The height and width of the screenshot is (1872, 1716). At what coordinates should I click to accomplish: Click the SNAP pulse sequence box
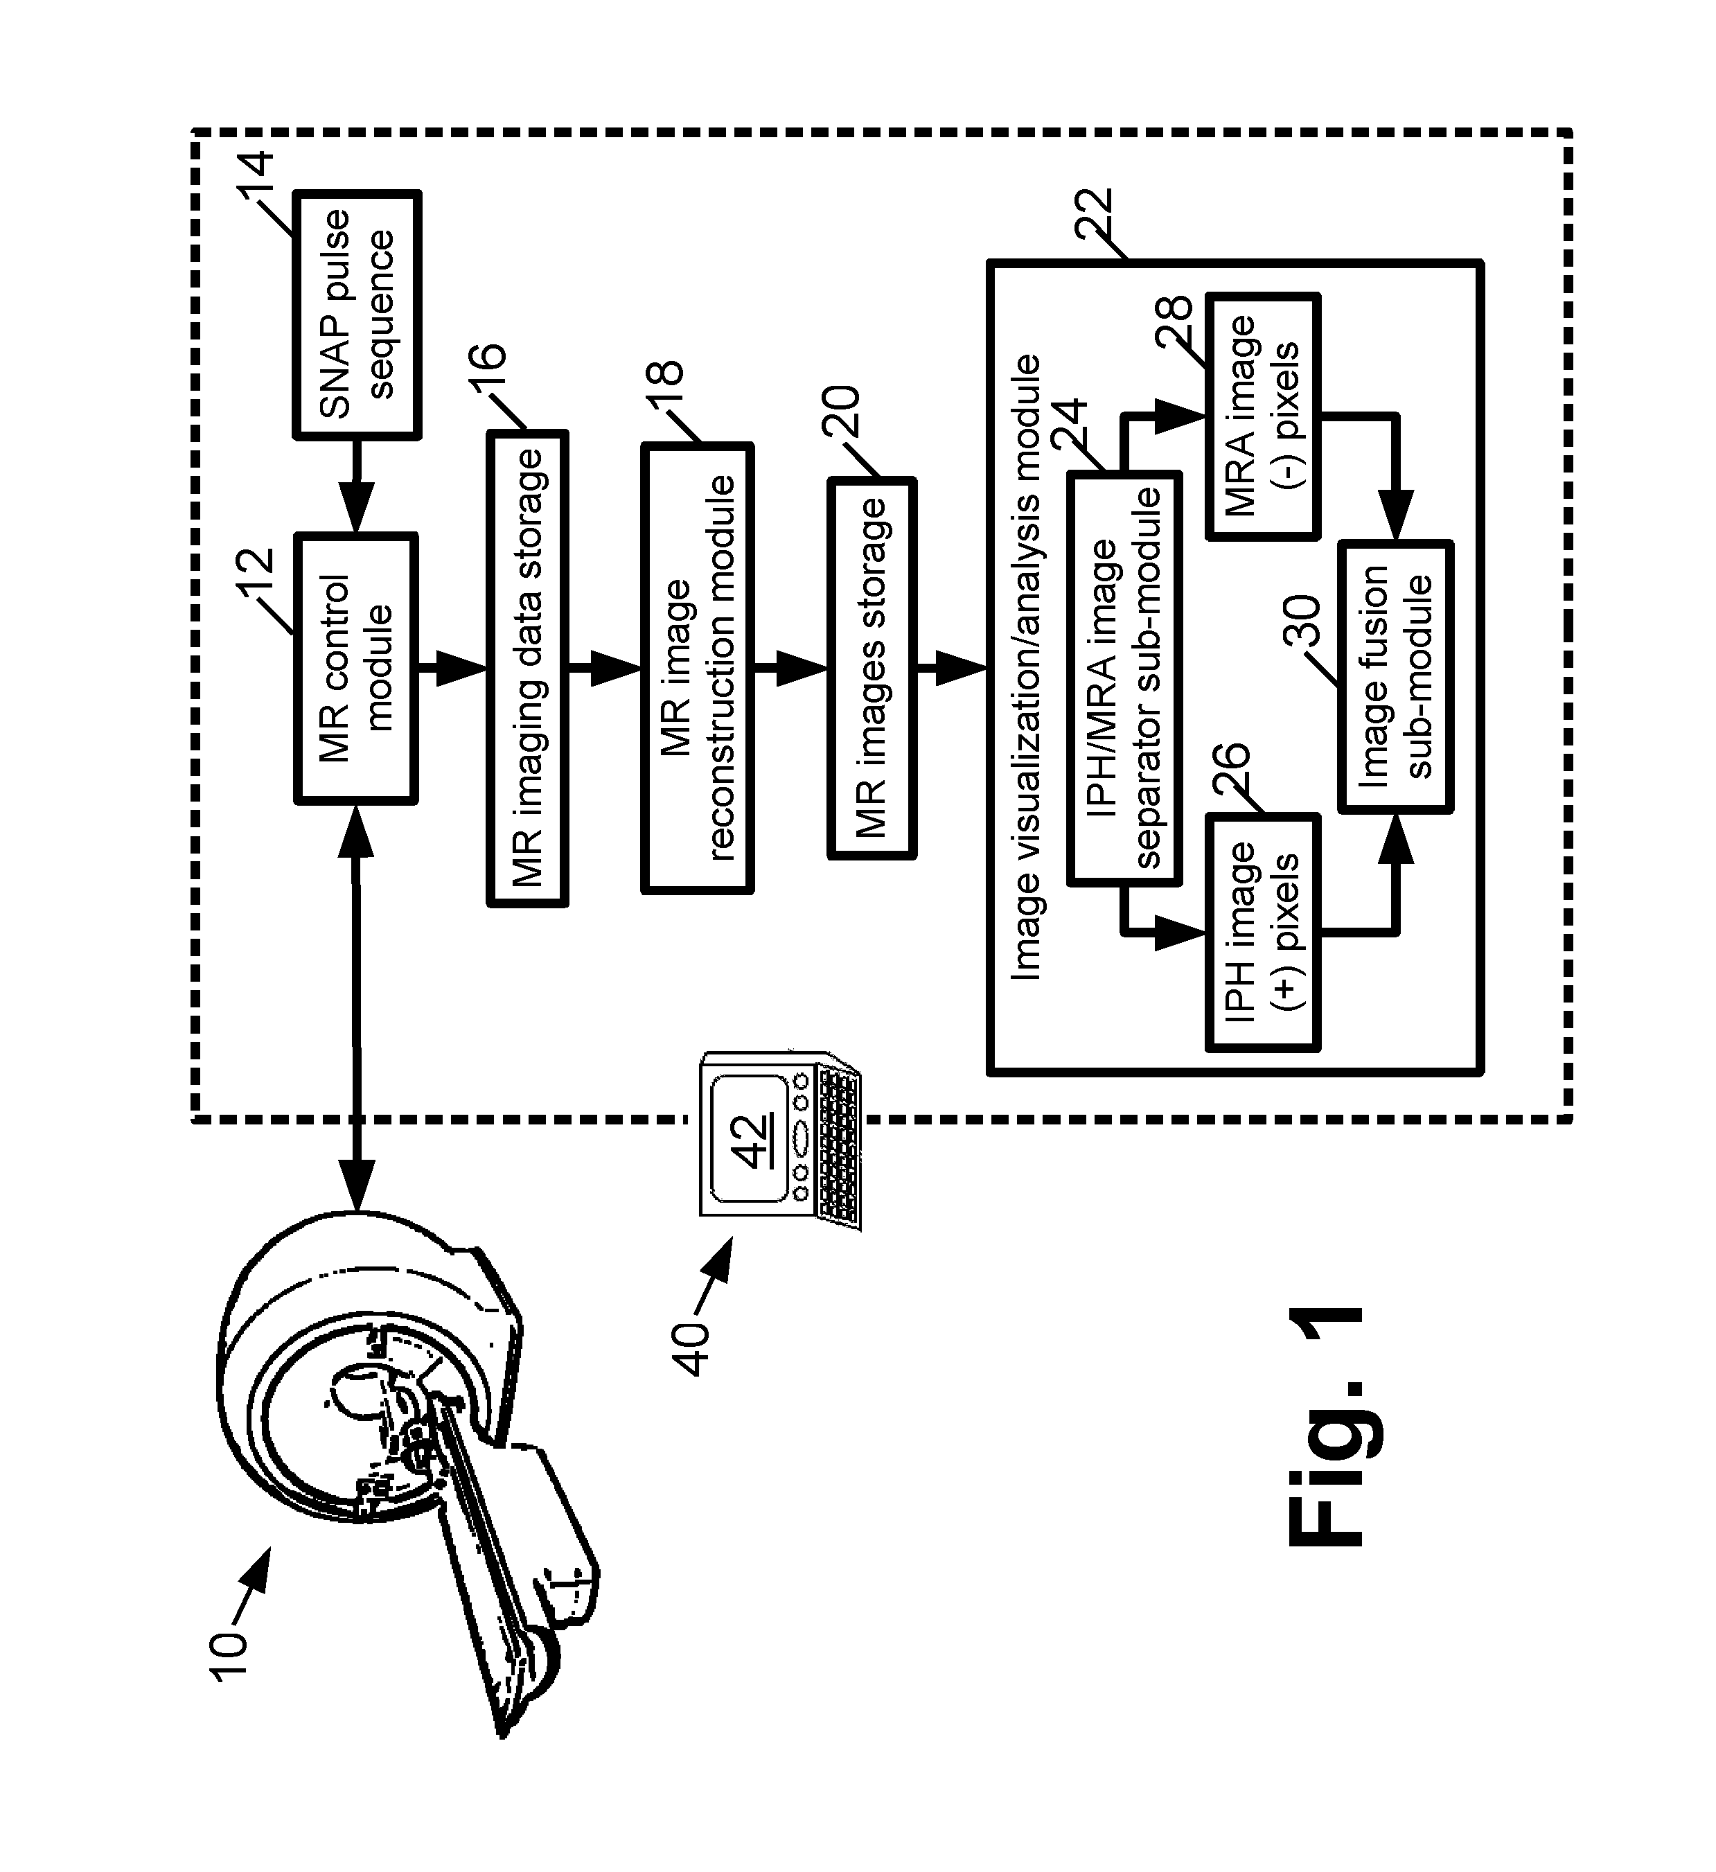click(357, 314)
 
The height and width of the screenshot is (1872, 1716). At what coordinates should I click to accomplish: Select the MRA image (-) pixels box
click(1263, 416)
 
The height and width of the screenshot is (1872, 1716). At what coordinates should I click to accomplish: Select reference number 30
click(1300, 620)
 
